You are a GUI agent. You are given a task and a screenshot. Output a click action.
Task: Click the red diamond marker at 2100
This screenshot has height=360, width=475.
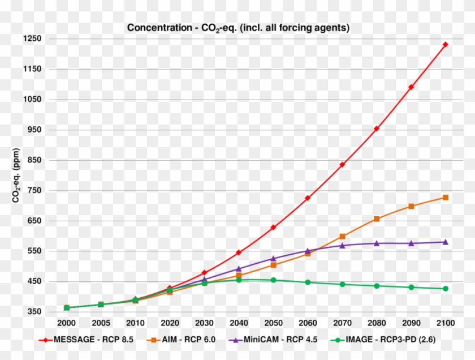click(x=445, y=44)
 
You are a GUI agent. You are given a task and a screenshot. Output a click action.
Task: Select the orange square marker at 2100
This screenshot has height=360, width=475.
click(x=445, y=198)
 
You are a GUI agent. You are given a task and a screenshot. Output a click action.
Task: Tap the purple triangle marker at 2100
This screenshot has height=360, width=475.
click(x=445, y=242)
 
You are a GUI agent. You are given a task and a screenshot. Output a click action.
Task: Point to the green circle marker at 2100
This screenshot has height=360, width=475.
click(x=445, y=289)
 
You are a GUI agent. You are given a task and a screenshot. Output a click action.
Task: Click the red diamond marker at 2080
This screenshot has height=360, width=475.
click(x=376, y=128)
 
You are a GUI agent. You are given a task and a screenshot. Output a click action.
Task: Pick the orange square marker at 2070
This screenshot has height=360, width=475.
click(x=342, y=237)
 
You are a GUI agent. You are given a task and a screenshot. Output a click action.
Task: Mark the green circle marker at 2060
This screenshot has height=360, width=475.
click(x=308, y=282)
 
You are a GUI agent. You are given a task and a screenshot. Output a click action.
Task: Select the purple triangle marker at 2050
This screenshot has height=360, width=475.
click(x=273, y=259)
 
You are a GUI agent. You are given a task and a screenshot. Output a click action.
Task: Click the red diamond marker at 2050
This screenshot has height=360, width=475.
click(x=273, y=227)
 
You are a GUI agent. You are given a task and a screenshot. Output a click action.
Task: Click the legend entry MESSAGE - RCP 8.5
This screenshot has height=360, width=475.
click(x=90, y=340)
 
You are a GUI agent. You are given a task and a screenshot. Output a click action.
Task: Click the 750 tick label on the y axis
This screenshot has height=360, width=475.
click(x=34, y=190)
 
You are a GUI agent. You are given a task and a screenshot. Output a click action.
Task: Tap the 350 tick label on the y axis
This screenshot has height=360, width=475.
click(x=34, y=312)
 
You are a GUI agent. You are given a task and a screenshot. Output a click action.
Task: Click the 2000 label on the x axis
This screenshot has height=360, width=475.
click(x=66, y=323)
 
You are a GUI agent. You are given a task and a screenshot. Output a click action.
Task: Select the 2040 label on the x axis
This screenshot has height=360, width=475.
click(x=239, y=323)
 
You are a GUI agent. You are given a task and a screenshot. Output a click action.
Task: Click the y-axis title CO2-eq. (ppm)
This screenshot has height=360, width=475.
click(x=16, y=175)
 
